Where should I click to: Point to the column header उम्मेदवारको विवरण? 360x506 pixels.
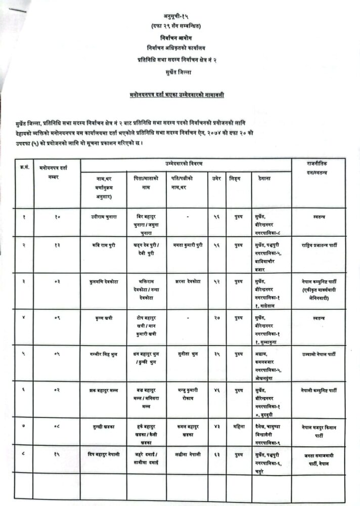point(186,164)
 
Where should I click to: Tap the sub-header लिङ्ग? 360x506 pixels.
point(235,179)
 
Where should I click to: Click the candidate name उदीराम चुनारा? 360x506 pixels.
point(101,217)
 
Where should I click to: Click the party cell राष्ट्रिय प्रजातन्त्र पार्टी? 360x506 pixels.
point(319,245)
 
